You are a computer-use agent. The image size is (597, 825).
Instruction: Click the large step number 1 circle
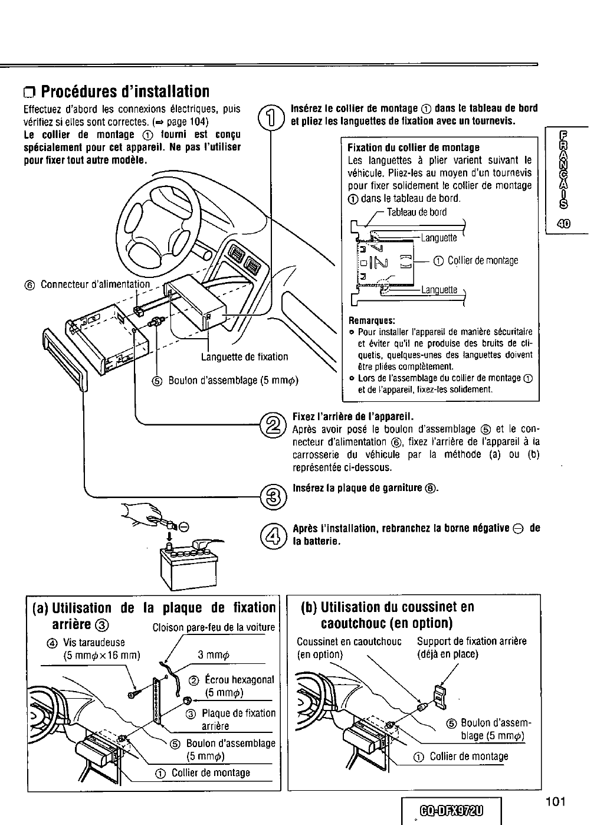269,116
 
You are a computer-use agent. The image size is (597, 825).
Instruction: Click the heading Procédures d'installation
117,92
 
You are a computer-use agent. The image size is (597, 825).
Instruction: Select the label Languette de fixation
244,356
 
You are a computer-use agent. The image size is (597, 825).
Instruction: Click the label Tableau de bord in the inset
416,212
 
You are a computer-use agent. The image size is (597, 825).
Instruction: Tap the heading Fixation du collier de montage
414,147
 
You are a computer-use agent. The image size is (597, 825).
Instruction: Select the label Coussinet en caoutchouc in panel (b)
349,641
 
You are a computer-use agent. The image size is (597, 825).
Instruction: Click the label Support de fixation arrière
471,641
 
